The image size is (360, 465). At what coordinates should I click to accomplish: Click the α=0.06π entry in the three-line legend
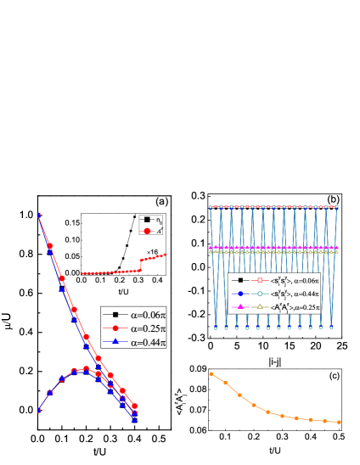pyautogui.click(x=134, y=314)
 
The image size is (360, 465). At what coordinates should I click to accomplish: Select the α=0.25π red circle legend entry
pyautogui.click(x=134, y=328)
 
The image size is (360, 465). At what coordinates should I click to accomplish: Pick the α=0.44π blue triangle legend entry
pyautogui.click(x=134, y=342)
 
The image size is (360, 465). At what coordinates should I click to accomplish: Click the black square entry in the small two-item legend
pyautogui.click(x=151, y=220)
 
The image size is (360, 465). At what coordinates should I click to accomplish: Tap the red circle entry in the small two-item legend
pyautogui.click(x=151, y=230)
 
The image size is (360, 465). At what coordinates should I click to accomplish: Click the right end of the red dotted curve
pyautogui.click(x=166, y=255)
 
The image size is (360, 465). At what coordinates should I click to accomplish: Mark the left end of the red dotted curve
pyautogui.click(x=82, y=273)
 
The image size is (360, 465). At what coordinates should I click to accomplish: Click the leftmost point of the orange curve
pyautogui.click(x=211, y=373)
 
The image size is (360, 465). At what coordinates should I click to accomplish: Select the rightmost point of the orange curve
pyautogui.click(x=339, y=422)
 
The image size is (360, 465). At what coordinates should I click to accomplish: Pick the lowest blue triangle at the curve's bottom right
pyautogui.click(x=135, y=419)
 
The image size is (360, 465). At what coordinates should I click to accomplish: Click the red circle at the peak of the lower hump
pyautogui.click(x=86, y=368)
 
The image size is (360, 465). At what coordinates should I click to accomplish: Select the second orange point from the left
pyautogui.click(x=225, y=383)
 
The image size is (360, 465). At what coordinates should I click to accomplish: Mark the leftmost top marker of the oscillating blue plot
pyautogui.click(x=212, y=206)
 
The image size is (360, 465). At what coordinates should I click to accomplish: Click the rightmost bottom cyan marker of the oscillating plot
pyautogui.click(x=332, y=328)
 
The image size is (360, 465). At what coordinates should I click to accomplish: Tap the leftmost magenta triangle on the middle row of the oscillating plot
pyautogui.click(x=212, y=248)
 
